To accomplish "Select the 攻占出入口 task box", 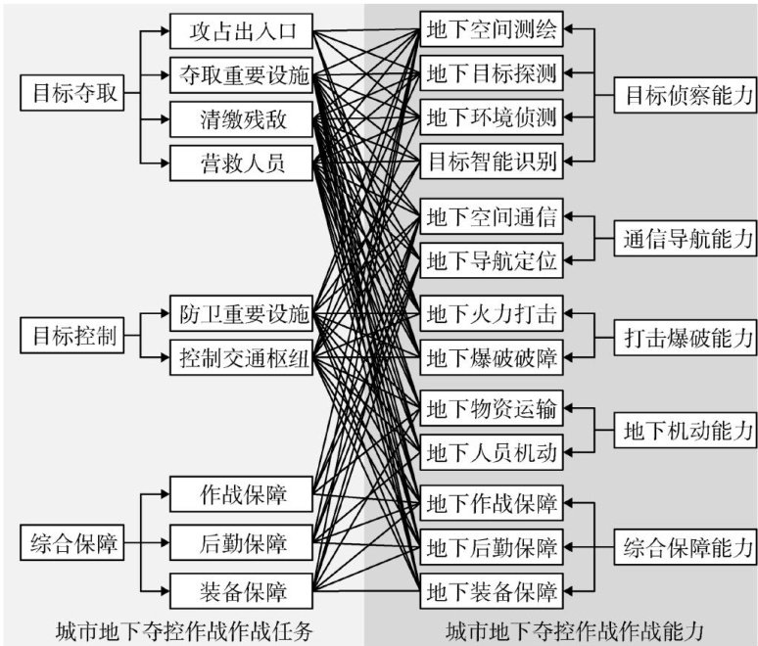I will tap(240, 32).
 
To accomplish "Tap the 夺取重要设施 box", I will tap(240, 74).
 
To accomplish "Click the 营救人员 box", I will tap(240, 161).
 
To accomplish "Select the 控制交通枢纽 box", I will tap(240, 359).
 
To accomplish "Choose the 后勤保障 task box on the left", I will tap(240, 541).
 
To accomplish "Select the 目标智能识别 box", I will tap(491, 161).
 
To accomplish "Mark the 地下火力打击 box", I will tap(491, 315).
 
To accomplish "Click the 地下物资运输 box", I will tap(491, 409).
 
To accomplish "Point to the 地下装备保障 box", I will tap(491, 591).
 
